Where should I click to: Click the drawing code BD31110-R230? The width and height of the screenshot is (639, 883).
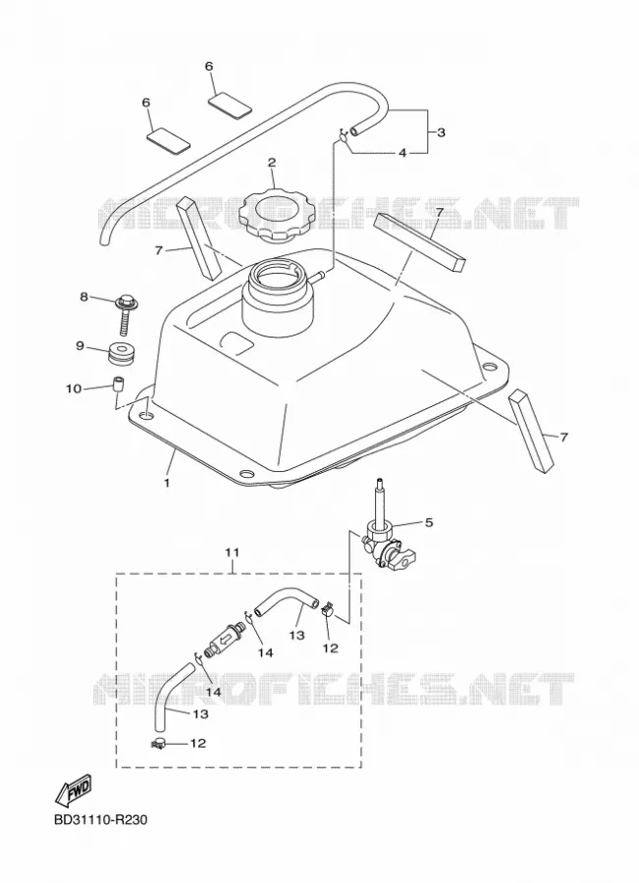coord(101,819)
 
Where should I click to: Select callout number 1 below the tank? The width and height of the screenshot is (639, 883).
coord(166,483)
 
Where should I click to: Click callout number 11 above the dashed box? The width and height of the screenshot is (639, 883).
coord(233,552)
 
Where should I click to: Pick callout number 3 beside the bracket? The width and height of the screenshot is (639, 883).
coord(441,132)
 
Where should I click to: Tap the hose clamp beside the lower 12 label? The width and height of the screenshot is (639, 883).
coord(161,744)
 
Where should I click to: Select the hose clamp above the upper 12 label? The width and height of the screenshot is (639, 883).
coord(328,608)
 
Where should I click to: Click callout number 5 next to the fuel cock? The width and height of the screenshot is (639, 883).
coord(429,523)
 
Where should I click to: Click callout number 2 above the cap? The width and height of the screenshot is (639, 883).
coord(272,163)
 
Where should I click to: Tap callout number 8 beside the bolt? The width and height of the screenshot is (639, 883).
coord(84,296)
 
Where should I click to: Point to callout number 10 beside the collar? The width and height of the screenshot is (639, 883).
coord(74,389)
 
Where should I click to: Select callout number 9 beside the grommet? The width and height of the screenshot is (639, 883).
coord(80,345)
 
